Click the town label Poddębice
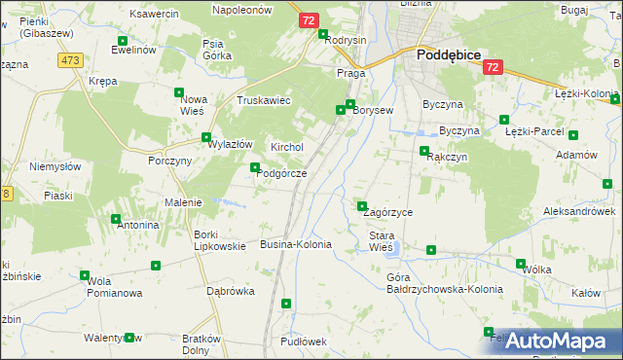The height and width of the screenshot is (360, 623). [449, 55]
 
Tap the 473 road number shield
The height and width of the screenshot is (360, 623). [69, 60]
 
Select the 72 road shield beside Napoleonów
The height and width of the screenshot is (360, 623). [309, 20]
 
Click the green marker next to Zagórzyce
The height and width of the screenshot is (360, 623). [362, 205]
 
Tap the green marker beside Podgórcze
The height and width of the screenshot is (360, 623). [256, 167]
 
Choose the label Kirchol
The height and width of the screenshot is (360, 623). [287, 147]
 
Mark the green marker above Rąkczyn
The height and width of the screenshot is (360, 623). [424, 151]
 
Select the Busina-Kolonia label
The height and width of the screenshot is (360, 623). [296, 244]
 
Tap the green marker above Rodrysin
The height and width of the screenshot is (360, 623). [324, 34]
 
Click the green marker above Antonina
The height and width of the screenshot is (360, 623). [116, 219]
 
